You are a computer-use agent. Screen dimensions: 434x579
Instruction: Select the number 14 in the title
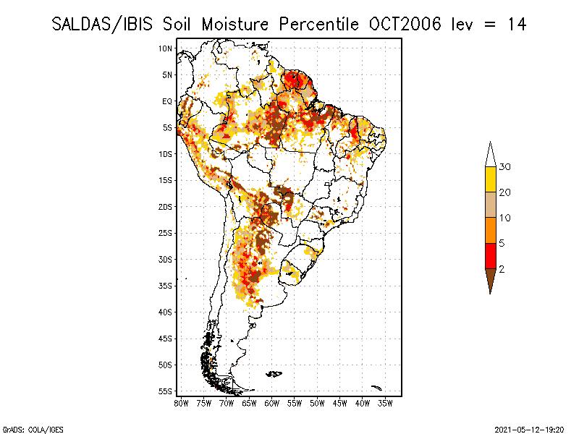[x=516, y=24]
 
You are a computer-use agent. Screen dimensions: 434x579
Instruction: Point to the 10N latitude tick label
[x=165, y=48]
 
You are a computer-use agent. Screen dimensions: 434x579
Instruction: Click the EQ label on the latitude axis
[x=166, y=101]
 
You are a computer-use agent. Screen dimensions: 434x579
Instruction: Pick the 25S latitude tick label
[x=165, y=233]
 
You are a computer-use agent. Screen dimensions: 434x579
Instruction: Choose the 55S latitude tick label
[x=165, y=391]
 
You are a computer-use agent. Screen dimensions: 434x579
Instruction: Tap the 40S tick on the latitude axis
[x=165, y=312]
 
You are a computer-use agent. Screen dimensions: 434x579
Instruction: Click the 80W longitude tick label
[x=181, y=403]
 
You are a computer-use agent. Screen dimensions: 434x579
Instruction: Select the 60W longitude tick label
[x=272, y=403]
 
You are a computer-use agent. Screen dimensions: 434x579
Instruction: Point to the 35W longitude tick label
[x=386, y=403]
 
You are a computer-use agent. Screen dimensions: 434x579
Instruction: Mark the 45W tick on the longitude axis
[x=340, y=403]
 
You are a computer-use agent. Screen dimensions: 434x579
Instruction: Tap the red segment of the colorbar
[x=490, y=255]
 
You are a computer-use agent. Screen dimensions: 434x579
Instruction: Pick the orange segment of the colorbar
[x=490, y=230]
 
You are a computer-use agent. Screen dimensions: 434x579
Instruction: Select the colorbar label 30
[x=505, y=167]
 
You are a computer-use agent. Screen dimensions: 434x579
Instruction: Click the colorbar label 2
[x=502, y=269]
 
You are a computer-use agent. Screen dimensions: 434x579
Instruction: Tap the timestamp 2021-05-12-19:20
[x=529, y=429]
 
